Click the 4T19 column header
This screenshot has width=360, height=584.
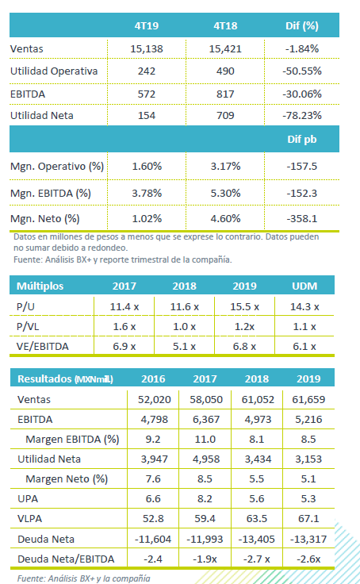tap(147, 25)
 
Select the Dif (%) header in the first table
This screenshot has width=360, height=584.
tap(302, 25)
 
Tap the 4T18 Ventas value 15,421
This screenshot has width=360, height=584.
tap(225, 48)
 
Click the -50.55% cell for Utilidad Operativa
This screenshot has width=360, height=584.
tap(302, 71)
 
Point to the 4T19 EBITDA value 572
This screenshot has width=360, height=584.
tap(147, 94)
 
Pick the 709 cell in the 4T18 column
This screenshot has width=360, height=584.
tap(225, 116)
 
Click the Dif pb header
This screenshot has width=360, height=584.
tap(302, 140)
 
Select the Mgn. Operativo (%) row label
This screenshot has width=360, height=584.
tap(57, 167)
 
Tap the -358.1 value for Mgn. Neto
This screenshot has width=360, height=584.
tap(302, 219)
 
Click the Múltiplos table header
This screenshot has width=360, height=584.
tap(40, 286)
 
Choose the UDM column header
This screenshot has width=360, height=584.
tap(304, 286)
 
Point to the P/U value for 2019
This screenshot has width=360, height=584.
tap(244, 307)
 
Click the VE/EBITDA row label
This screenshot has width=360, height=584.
tap(43, 347)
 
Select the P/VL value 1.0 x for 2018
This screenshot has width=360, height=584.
tap(184, 327)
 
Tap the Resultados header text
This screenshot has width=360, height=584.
tap(65, 378)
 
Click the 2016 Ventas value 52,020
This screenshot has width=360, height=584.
tap(154, 400)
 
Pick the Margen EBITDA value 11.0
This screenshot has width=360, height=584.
tap(205, 439)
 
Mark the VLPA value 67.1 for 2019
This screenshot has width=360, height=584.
tap(308, 518)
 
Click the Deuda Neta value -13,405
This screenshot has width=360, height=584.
tap(257, 539)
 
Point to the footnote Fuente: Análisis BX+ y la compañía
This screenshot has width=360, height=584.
tap(84, 578)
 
